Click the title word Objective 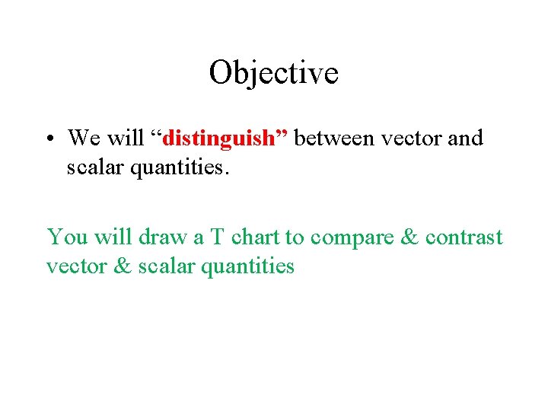pos(273,74)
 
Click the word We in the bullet pos(83,139)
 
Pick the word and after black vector pos(466,139)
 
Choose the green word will pos(112,237)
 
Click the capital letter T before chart pos(217,237)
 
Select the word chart pos(256,237)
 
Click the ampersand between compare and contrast pos(409,237)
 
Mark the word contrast pos(464,237)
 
